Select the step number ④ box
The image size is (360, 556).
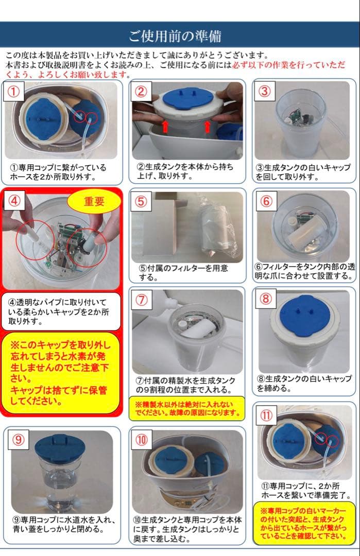click(x=14, y=201)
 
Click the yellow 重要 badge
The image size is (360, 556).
click(x=94, y=202)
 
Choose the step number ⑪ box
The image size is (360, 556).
click(x=268, y=415)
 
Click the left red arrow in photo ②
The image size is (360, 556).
click(x=165, y=126)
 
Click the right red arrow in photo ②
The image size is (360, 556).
click(x=208, y=126)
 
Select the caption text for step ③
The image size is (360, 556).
click(x=303, y=172)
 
